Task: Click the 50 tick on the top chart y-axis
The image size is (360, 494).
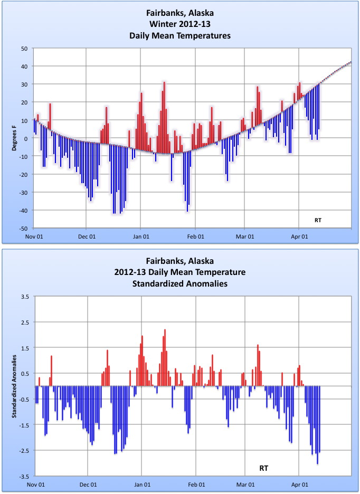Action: point(24,49)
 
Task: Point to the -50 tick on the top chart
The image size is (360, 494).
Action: point(23,229)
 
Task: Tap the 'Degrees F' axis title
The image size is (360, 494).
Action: point(16,139)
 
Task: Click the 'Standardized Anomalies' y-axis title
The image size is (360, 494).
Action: point(16,387)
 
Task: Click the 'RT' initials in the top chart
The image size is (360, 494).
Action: point(317,218)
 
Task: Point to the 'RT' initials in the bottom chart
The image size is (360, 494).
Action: point(264,468)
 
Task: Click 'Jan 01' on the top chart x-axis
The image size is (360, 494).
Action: point(141,236)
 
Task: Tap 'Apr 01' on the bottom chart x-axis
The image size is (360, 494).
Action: point(299,484)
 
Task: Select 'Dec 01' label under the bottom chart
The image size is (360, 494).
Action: point(88,484)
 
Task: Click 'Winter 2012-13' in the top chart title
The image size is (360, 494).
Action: point(180,26)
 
